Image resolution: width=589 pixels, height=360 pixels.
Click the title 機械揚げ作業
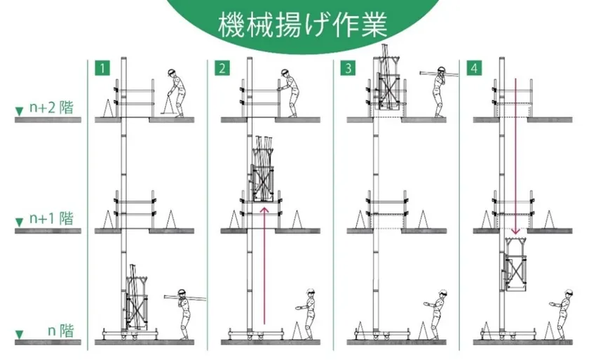point(302,25)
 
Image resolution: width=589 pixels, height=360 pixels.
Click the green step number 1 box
point(102,68)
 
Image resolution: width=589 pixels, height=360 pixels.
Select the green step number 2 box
point(222,68)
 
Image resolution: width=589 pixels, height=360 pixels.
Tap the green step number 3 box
point(348,68)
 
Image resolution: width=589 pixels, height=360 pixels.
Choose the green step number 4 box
point(475,68)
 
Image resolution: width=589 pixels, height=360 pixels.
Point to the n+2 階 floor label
point(51,108)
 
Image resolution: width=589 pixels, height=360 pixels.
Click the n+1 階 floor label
point(51,218)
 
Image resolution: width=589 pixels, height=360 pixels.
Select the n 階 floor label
point(61,331)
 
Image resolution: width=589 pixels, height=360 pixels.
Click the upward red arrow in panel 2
point(264,265)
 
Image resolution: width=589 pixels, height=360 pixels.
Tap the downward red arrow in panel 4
point(515,156)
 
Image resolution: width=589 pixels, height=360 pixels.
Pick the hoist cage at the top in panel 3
point(388,83)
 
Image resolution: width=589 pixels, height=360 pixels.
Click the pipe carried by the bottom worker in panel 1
point(185,298)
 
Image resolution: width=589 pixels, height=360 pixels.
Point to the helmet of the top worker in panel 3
point(441,69)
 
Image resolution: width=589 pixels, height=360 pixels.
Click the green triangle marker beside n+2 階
point(19,112)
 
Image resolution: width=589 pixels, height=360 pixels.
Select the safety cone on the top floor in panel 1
point(108,108)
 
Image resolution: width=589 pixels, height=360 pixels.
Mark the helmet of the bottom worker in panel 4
point(569,293)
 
